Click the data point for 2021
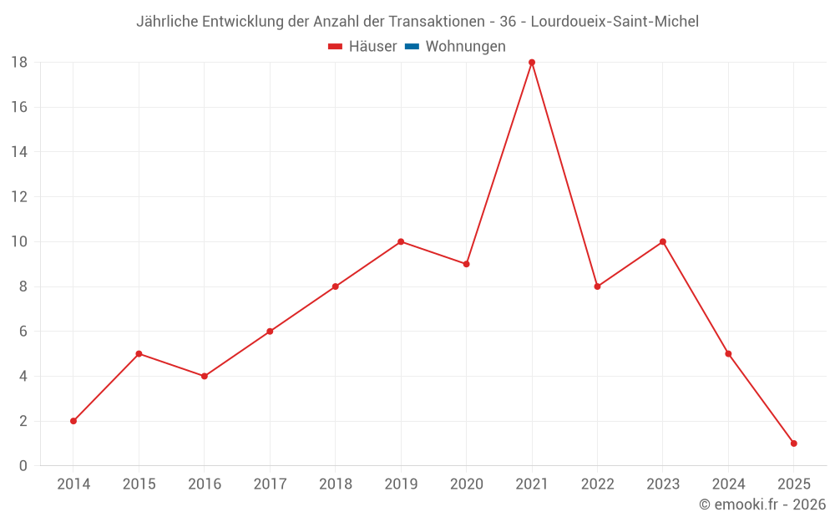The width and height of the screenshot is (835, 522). pyautogui.click(x=532, y=63)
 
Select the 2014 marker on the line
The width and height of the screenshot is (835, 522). pyautogui.click(x=73, y=421)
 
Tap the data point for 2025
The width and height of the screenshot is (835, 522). pyautogui.click(x=793, y=443)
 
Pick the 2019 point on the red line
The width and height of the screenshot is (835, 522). pyautogui.click(x=401, y=242)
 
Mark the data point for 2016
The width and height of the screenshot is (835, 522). pyautogui.click(x=205, y=376)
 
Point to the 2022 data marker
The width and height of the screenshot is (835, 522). pyautogui.click(x=597, y=286)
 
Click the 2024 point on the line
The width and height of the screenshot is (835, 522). pyautogui.click(x=728, y=353)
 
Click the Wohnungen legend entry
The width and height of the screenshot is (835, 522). pyautogui.click(x=465, y=47)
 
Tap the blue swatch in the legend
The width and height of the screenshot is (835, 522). pyautogui.click(x=412, y=47)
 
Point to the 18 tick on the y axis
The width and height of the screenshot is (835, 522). pyautogui.click(x=19, y=63)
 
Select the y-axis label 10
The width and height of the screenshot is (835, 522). pyautogui.click(x=19, y=242)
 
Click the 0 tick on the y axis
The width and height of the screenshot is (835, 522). pyautogui.click(x=23, y=466)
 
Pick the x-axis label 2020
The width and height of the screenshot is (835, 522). pyautogui.click(x=466, y=484)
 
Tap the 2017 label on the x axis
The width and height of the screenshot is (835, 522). pyautogui.click(x=270, y=484)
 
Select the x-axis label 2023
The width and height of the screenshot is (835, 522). pyautogui.click(x=663, y=484)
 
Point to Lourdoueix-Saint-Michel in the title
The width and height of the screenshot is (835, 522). pyautogui.click(x=615, y=22)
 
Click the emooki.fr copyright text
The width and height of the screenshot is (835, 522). pyautogui.click(x=762, y=504)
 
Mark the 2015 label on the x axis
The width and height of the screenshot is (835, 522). pyautogui.click(x=139, y=484)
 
